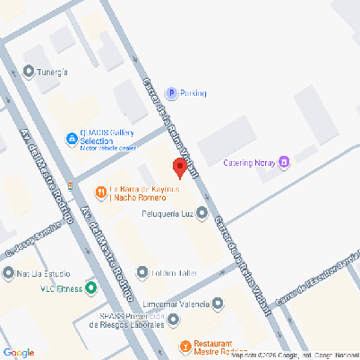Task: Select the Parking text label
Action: pos(193,93)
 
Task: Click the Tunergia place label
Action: pos(52,72)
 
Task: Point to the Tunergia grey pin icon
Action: pos(29,72)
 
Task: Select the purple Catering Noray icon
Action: pos(284,162)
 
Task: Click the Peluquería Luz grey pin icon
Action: pos(201,213)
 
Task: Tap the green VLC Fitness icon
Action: pos(90,287)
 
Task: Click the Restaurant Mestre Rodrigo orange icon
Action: pos(185,347)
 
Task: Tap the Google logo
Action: pos(18,352)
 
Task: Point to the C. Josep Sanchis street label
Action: pos(32,239)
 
